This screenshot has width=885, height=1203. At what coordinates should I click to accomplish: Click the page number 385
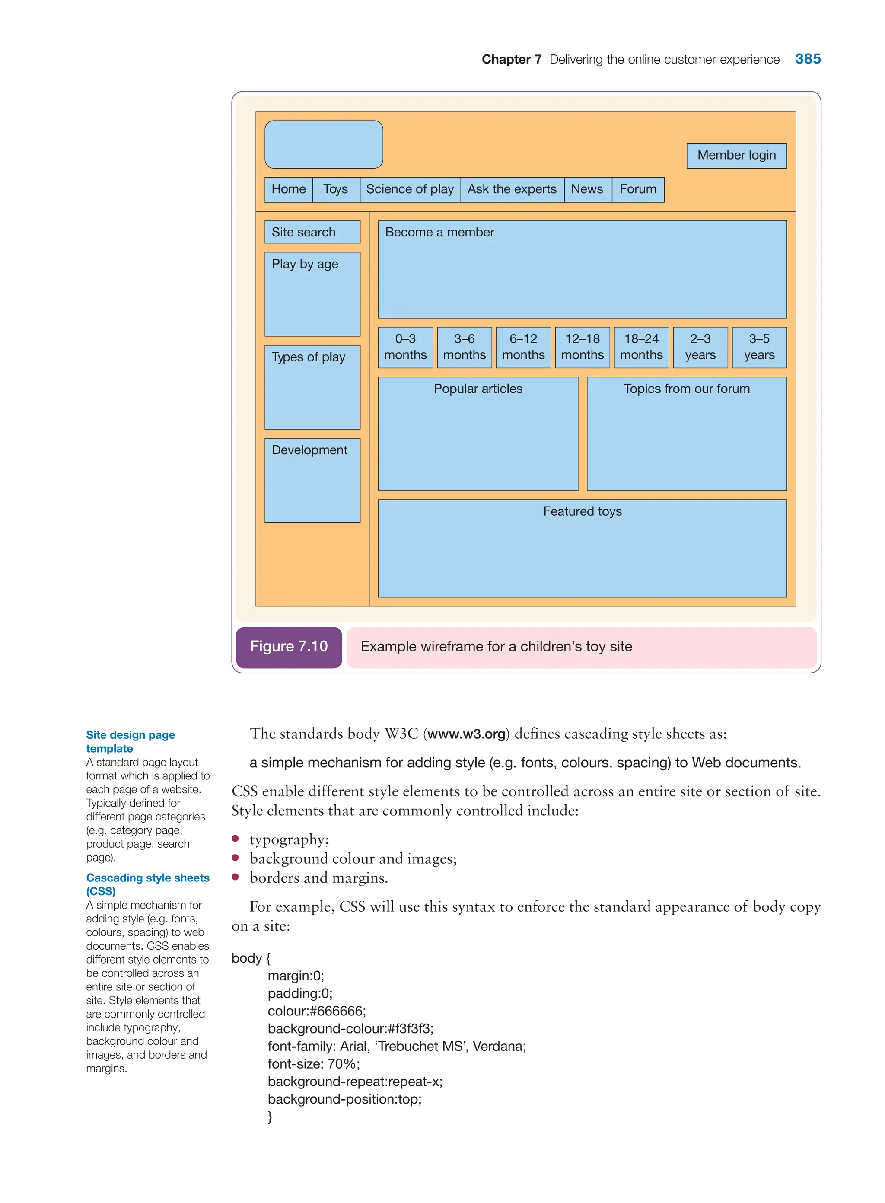[x=807, y=59]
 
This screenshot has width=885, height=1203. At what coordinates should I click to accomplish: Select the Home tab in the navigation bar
[x=288, y=189]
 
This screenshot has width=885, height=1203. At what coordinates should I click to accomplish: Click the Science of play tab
[x=410, y=189]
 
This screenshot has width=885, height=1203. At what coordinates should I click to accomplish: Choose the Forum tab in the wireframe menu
[x=637, y=189]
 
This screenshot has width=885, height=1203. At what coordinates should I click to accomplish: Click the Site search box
[x=312, y=232]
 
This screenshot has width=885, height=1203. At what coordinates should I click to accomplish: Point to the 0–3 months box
[x=405, y=347]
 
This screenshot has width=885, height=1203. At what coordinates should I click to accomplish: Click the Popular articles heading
[x=478, y=389]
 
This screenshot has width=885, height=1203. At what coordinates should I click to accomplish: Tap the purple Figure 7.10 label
[x=289, y=647]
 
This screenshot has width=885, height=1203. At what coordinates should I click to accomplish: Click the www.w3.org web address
[x=466, y=734]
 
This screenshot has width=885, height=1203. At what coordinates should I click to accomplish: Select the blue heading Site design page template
[x=130, y=742]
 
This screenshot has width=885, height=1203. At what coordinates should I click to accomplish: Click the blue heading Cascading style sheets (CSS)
[x=147, y=884]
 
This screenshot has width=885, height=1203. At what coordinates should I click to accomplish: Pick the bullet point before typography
[x=235, y=839]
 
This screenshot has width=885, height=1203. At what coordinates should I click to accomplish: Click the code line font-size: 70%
[x=313, y=1064]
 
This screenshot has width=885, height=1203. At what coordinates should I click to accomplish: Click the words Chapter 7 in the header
[x=511, y=60]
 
